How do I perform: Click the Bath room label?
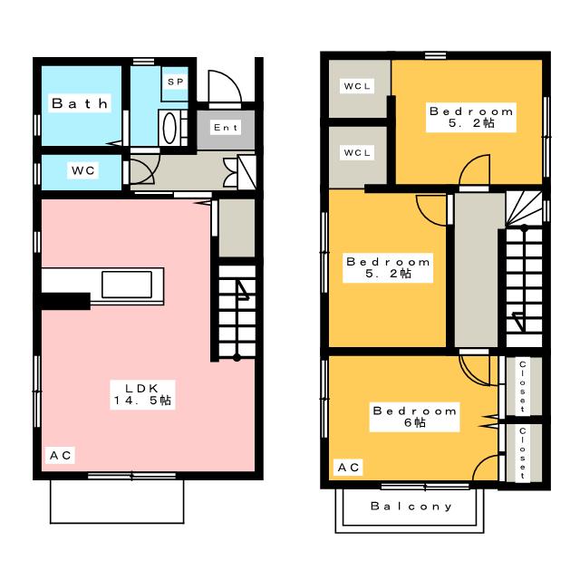80,104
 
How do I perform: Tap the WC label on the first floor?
83,169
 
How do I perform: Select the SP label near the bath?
175,81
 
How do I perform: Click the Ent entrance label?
225,128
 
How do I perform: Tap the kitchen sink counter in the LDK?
131,284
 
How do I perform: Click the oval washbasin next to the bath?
169,128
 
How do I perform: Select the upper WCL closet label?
356,87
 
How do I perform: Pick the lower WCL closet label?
356,153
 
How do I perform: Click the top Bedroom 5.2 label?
471,117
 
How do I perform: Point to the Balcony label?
411,507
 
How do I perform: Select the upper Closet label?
522,385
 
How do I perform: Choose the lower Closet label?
522,451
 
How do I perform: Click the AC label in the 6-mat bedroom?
349,467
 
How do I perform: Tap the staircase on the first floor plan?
237,308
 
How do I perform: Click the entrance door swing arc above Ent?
224,88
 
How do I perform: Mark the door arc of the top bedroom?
472,171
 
